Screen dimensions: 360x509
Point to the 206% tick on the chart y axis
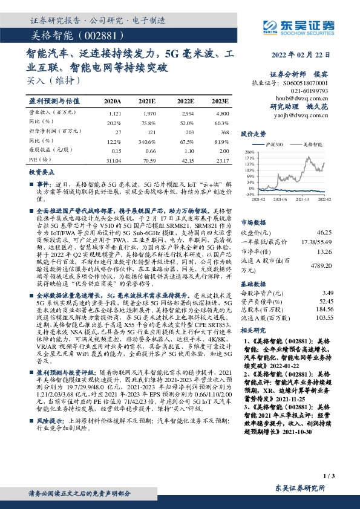coord(249,152)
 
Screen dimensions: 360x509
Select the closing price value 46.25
coord(324,232)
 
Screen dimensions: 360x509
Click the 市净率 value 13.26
coord(324,253)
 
